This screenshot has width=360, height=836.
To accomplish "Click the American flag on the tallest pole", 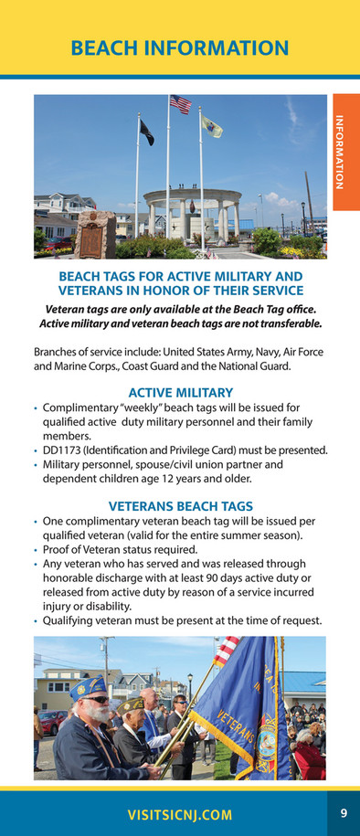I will [180, 104].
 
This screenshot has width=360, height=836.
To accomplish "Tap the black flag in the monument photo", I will [146, 132].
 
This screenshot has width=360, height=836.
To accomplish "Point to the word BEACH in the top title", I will [111, 48].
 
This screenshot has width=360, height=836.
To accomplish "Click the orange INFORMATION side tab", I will [345, 152].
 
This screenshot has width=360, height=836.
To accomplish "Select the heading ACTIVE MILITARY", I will [180, 392].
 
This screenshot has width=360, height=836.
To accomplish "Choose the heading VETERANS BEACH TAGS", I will [180, 505].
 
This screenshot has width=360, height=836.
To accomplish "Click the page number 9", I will [344, 812].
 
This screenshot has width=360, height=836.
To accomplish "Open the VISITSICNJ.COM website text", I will [179, 815].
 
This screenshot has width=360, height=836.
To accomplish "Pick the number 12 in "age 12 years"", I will [177, 479].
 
